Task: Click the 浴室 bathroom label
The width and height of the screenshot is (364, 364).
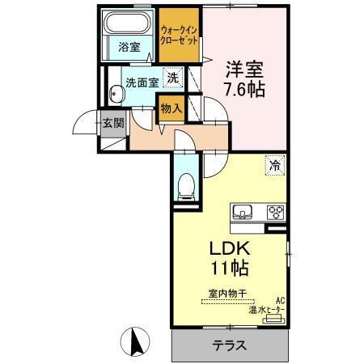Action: point(129,47)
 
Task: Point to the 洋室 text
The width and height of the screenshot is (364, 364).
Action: point(244,69)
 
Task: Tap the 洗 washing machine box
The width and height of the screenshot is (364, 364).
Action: point(172,78)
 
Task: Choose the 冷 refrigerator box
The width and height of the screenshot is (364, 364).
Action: point(275,166)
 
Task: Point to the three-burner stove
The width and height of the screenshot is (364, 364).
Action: point(275,214)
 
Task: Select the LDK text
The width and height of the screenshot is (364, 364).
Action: point(228,248)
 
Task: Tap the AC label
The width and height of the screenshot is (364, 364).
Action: point(281,299)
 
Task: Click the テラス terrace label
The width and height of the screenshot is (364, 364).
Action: point(230,345)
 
